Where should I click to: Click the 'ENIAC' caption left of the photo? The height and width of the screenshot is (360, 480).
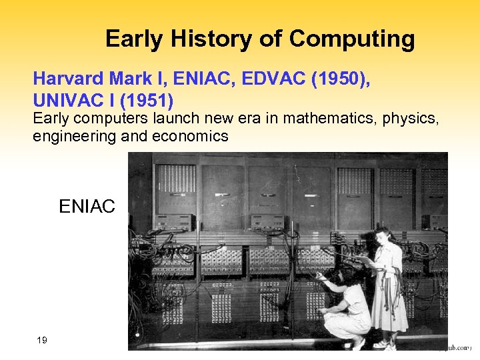pos(87,207)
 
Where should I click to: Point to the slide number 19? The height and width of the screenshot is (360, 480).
pos(42,341)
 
